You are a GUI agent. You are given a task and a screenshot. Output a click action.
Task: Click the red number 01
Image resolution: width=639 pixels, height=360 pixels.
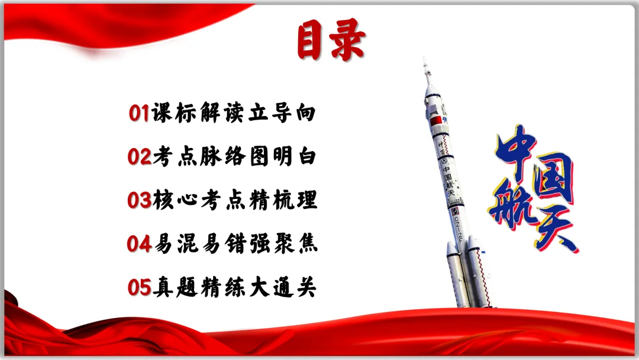pyautogui.click(x=139, y=112)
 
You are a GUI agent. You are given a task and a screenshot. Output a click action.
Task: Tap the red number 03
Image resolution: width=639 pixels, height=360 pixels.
pyautogui.click(x=140, y=200)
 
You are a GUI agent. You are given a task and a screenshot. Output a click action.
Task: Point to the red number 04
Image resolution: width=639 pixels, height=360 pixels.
pyautogui.click(x=140, y=244)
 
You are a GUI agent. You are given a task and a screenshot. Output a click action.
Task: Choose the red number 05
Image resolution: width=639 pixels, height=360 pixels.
pyautogui.click(x=140, y=288)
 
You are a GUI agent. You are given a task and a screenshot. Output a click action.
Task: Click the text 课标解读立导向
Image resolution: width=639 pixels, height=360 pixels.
pyautogui.click(x=233, y=112)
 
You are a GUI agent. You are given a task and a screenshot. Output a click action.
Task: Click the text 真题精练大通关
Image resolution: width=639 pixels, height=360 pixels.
pyautogui.click(x=234, y=288)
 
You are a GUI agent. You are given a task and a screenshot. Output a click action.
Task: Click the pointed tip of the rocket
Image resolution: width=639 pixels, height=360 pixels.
pyautogui.click(x=424, y=60)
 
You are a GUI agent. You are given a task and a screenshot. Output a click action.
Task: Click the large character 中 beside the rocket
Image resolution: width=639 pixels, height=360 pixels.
pyautogui.click(x=516, y=151)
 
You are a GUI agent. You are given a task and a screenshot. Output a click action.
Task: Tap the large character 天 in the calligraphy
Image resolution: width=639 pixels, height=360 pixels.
pyautogui.click(x=554, y=228)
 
